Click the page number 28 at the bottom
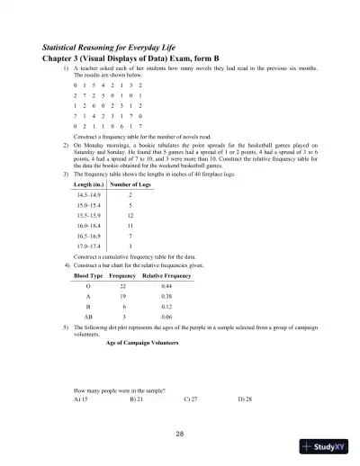pyautogui.click(x=180, y=435)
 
